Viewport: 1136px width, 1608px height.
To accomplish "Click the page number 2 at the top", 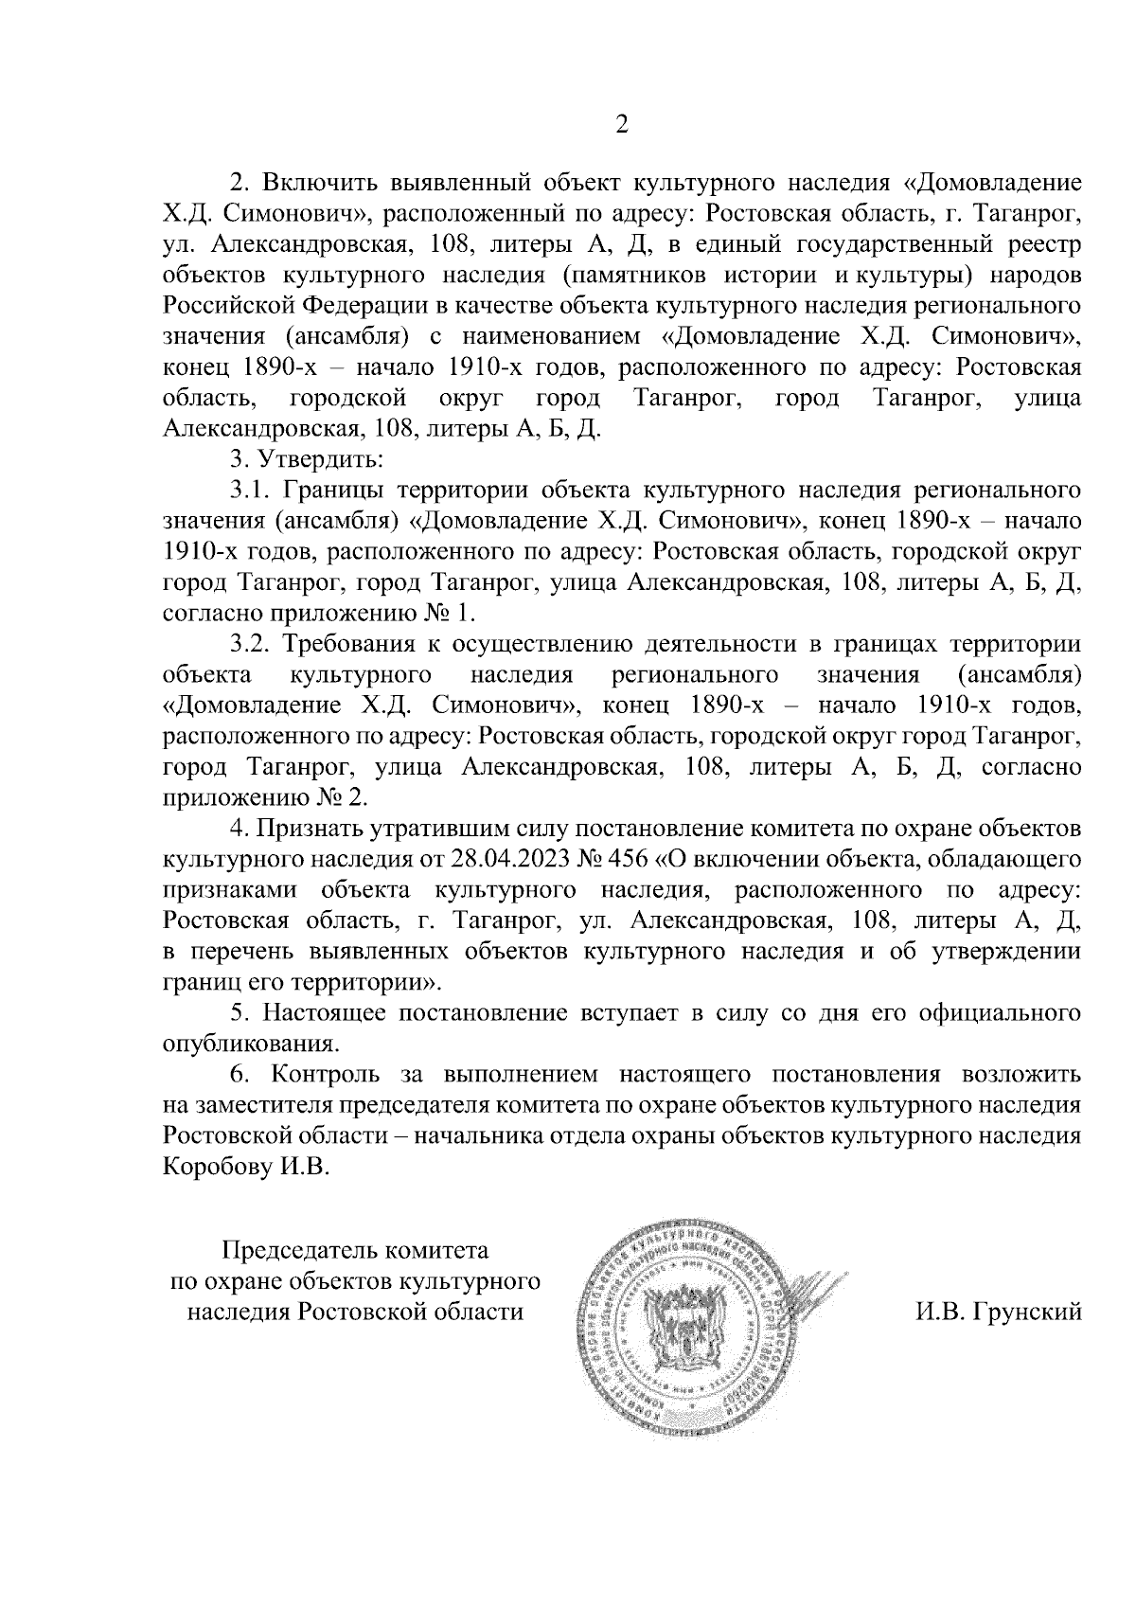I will pyautogui.click(x=622, y=124).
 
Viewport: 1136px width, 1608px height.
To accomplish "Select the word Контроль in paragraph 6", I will pyautogui.click(x=325, y=1076).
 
